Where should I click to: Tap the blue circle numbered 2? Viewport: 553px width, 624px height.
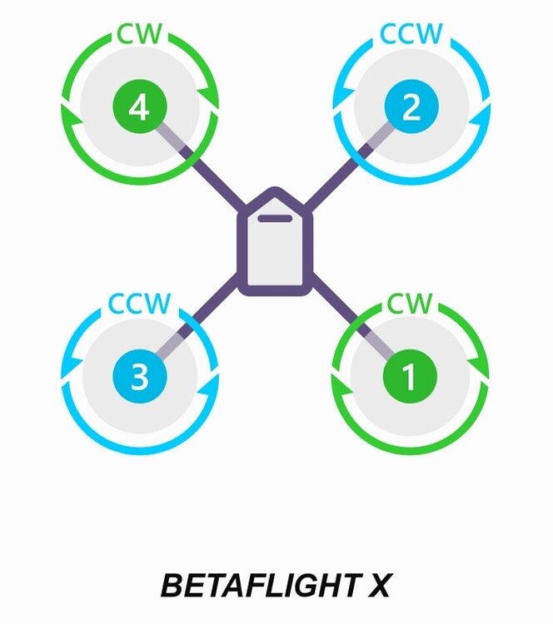pos(411,108)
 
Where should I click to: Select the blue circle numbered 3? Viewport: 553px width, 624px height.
pos(140,376)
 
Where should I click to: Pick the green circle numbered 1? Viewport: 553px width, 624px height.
pos(410,376)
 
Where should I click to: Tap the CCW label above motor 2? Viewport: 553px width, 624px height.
pos(411,35)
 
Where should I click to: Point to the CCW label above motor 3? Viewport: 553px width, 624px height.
pos(140,304)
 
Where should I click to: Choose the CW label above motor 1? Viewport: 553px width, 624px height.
pos(410,304)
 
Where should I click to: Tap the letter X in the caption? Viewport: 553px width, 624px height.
pos(377,587)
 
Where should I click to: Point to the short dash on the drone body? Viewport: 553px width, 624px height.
pos(276,219)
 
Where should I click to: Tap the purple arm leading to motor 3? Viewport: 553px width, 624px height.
pos(212,308)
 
